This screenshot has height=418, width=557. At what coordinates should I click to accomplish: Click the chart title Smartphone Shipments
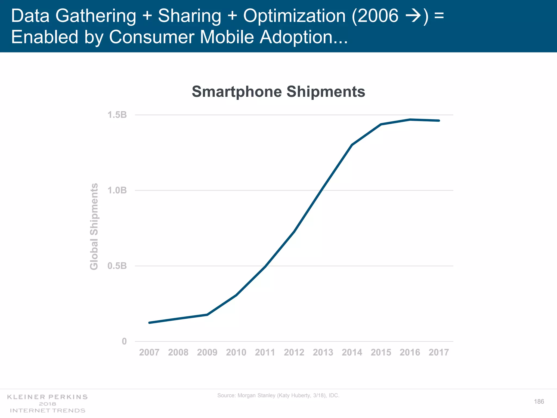tap(278, 91)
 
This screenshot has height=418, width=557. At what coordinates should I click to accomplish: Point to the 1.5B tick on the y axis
tap(117, 115)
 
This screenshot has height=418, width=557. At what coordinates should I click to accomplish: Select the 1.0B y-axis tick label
tap(117, 190)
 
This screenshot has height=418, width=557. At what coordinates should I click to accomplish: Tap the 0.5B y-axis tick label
tap(117, 266)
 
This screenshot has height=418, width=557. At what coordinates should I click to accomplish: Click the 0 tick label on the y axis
tap(124, 341)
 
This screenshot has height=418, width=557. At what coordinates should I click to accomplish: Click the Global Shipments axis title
tap(94, 226)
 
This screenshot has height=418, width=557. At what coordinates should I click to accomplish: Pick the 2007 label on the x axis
tap(149, 352)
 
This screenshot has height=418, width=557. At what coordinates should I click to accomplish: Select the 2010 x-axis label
tap(236, 352)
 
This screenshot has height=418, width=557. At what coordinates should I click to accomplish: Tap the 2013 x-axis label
tap(323, 352)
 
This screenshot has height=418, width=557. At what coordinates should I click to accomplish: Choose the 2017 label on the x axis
tap(439, 352)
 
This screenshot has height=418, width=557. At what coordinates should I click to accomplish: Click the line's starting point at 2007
tap(149, 323)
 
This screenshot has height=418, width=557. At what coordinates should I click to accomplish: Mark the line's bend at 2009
tap(207, 315)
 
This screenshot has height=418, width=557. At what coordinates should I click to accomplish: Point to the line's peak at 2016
tap(410, 119)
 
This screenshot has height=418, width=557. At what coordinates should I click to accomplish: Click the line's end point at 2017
tap(439, 121)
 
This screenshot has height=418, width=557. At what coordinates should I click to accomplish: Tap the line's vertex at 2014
tap(352, 145)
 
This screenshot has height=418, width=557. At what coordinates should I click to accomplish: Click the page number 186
tap(539, 401)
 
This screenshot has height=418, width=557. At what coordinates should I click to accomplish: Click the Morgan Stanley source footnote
tap(278, 395)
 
